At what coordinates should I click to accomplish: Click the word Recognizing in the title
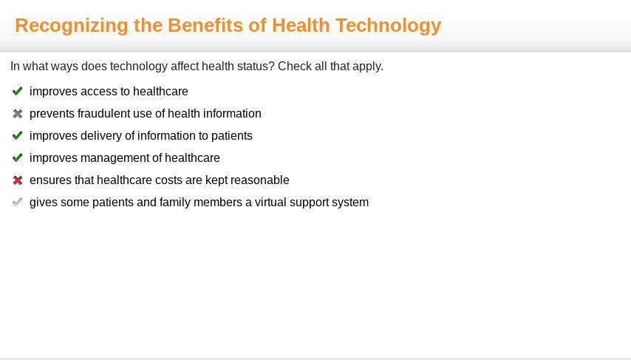[72, 26]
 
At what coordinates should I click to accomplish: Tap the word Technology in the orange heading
[389, 26]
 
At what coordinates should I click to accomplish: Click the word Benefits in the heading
[205, 25]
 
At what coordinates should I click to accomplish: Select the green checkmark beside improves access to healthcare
[17, 91]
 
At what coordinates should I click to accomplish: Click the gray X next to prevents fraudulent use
[17, 114]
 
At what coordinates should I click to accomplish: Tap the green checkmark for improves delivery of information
[17, 135]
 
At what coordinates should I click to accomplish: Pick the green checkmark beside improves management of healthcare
[17, 157]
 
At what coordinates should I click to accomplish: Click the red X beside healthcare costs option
[17, 180]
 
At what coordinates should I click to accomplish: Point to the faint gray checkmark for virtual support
[17, 202]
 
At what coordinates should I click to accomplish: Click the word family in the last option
[172, 203]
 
